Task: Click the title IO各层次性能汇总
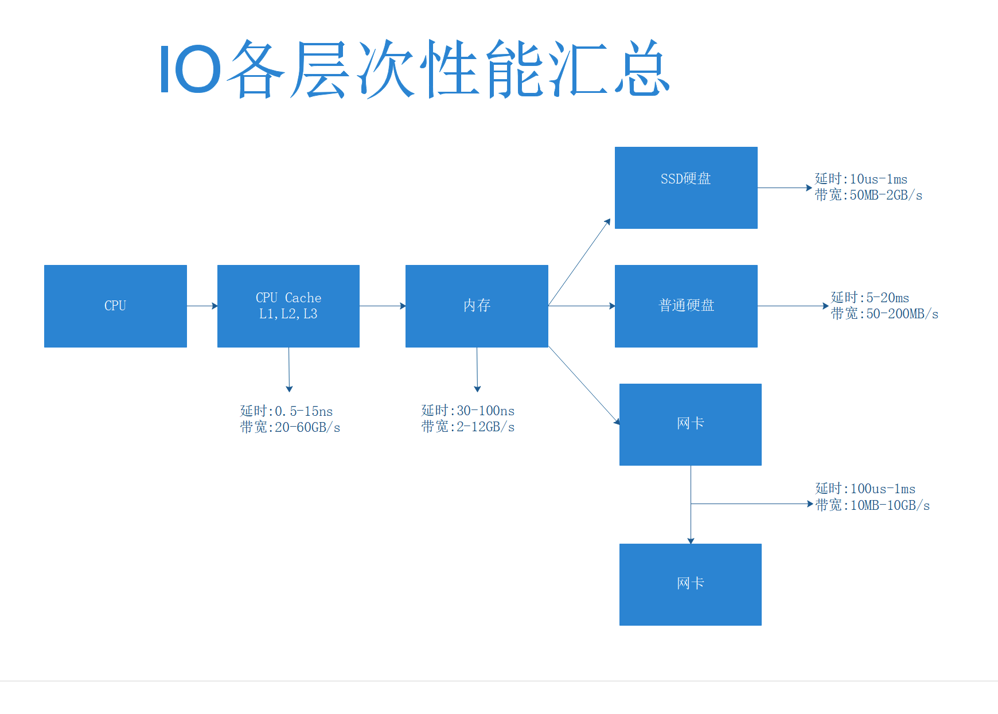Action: point(414,69)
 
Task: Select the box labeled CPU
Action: point(115,306)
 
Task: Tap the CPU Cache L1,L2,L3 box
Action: point(289,306)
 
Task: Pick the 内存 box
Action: point(477,306)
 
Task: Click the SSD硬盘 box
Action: point(686,188)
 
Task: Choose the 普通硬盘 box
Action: point(686,306)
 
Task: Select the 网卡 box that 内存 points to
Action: point(691,424)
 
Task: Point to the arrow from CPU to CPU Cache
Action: point(202,306)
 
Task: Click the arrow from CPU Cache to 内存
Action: point(383,306)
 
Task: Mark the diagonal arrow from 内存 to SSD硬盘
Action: point(579,262)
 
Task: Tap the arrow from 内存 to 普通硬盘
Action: point(582,306)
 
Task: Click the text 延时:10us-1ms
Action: point(861,179)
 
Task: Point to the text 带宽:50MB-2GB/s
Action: point(868,196)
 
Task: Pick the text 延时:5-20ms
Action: point(870,298)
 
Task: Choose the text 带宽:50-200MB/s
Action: point(884,314)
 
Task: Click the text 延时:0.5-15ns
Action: point(286,411)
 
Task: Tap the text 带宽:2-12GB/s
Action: point(467,427)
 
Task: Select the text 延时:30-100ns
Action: point(467,411)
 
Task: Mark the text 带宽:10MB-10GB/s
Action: point(872,505)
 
